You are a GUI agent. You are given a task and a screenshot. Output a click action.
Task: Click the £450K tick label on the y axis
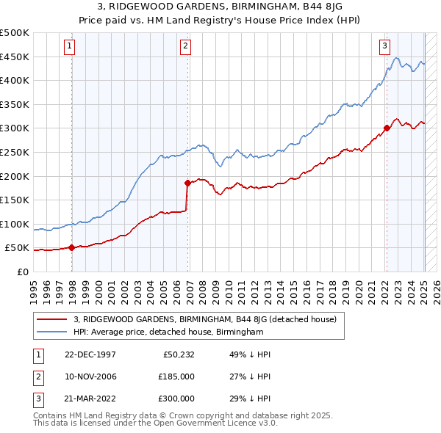click(15, 57)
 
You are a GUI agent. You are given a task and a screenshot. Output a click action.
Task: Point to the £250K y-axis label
click(15, 152)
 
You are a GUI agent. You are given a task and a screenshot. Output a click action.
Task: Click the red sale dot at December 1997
click(71, 247)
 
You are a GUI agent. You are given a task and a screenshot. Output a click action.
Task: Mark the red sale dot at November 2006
click(187, 183)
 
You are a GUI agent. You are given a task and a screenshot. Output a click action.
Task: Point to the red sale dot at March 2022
click(387, 128)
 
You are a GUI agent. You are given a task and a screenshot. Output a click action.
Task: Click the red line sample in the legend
click(52, 319)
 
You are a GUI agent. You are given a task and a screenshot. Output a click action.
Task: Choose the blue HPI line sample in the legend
click(52, 332)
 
